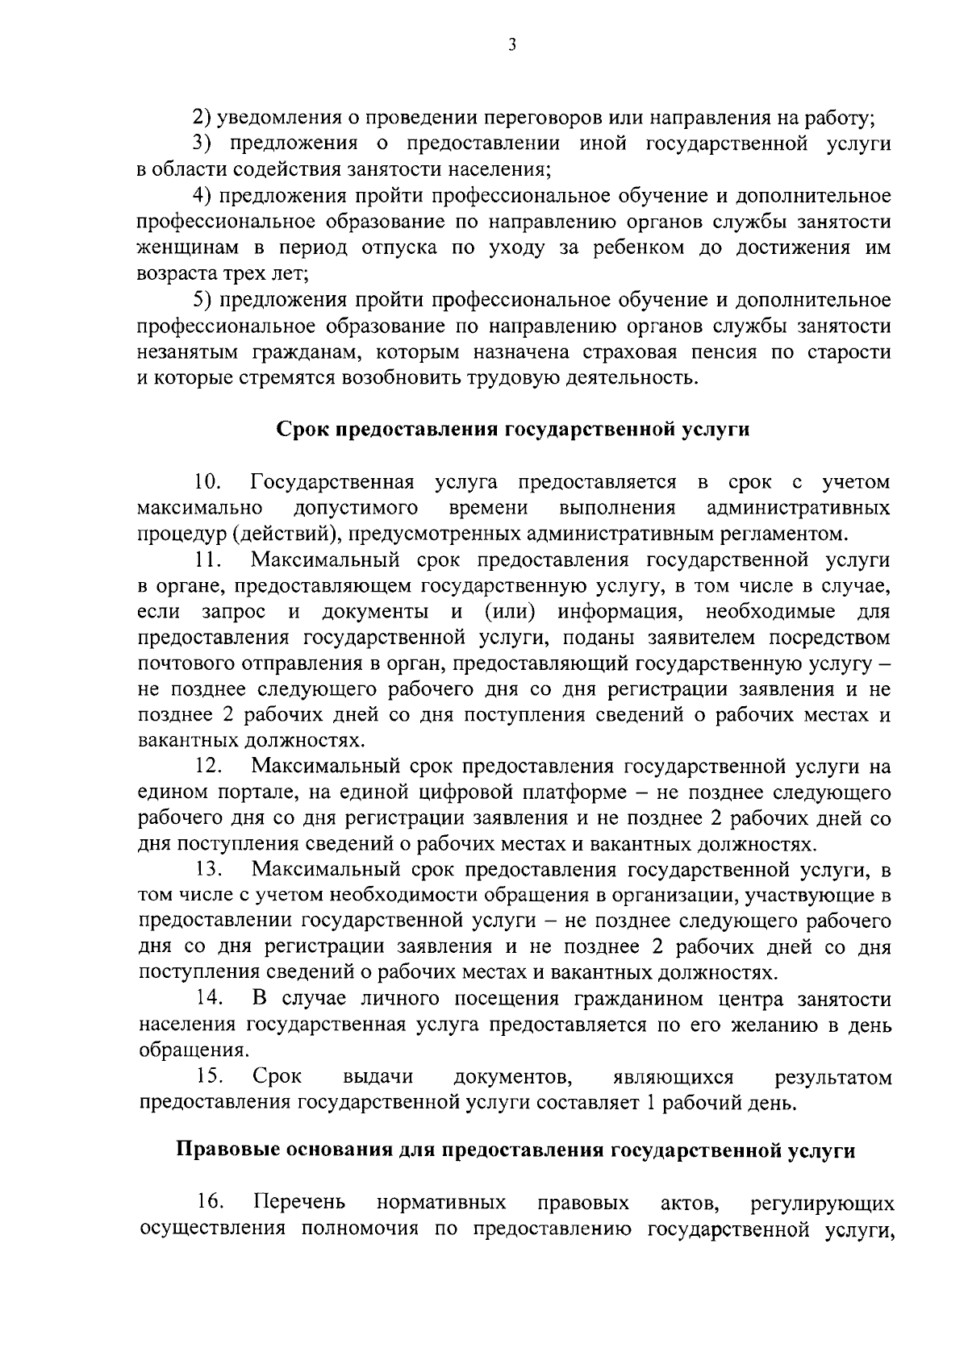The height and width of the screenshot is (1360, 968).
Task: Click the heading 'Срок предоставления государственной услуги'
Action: [513, 430]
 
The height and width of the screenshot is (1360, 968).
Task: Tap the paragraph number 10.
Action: [208, 482]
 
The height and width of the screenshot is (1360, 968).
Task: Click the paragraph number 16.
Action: [209, 1203]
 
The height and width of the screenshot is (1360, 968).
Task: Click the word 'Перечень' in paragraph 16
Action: [300, 1203]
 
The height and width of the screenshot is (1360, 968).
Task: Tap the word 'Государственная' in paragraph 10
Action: [333, 482]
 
